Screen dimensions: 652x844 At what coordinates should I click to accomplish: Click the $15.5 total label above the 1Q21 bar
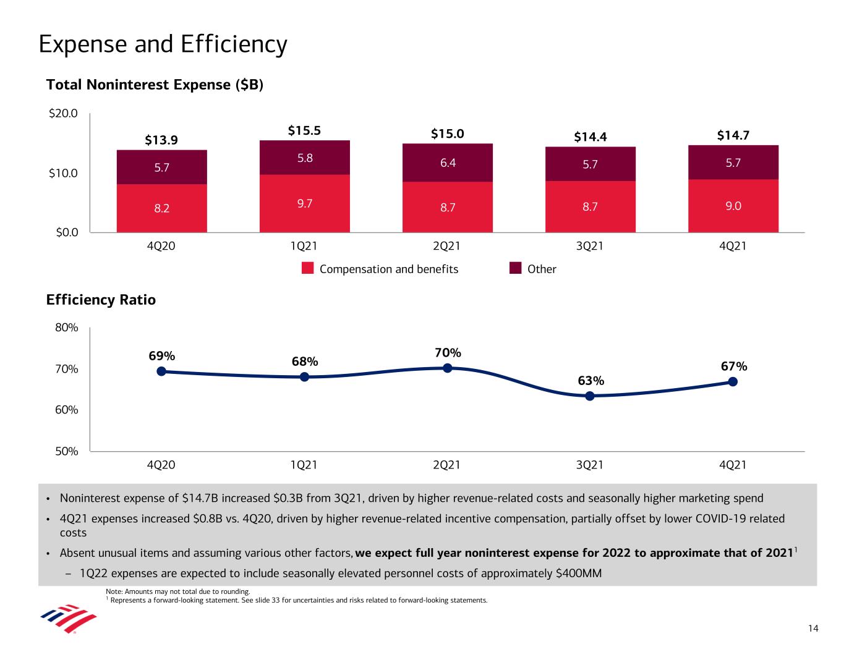click(304, 130)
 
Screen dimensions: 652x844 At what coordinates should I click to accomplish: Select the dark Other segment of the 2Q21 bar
click(448, 163)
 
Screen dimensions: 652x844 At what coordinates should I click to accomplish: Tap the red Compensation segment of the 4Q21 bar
click(733, 206)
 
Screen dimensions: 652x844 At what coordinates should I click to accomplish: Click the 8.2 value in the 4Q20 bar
click(162, 208)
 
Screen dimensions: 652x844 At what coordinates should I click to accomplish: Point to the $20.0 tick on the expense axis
click(63, 113)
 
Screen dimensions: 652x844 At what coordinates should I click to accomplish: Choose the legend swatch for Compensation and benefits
click(309, 269)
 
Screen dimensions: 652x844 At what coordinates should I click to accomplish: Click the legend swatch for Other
click(516, 269)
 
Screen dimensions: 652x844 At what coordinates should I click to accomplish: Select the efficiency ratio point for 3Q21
click(590, 396)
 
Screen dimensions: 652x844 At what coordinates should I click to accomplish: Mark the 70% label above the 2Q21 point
click(448, 353)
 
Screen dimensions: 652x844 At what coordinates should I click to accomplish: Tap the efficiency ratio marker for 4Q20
click(161, 371)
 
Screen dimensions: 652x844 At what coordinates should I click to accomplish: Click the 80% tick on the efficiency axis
click(66, 328)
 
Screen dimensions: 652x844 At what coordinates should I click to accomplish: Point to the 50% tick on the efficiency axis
click(66, 451)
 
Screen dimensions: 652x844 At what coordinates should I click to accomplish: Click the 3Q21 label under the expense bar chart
click(590, 246)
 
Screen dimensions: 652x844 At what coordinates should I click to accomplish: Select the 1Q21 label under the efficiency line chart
click(304, 465)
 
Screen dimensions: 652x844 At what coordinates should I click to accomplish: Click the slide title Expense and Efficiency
click(163, 44)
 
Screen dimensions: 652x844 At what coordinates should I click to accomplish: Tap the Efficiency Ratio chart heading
click(101, 300)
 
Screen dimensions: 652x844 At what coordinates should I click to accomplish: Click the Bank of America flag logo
click(68, 619)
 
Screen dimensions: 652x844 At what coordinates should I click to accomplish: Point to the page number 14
click(813, 629)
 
